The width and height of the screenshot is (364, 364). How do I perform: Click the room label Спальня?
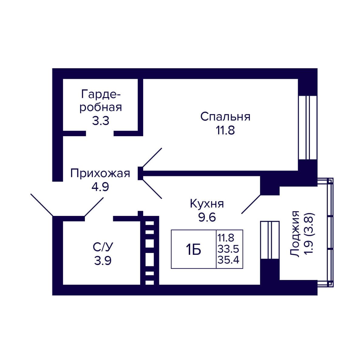tap(225, 117)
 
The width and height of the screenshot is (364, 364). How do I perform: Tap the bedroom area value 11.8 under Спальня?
tap(225, 130)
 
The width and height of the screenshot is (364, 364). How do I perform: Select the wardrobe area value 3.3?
tap(101, 121)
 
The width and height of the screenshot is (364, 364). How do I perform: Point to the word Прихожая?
tap(100, 174)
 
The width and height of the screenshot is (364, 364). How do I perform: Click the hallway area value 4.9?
tap(100, 187)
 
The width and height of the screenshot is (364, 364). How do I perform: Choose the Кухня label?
tap(207, 204)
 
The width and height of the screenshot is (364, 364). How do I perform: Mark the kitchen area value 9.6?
tap(207, 217)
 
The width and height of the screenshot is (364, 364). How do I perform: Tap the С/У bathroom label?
tap(103, 247)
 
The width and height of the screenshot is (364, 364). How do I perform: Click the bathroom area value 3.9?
tap(103, 261)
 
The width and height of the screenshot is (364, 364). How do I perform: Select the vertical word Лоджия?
tap(295, 234)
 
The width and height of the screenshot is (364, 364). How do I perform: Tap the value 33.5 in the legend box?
tap(228, 249)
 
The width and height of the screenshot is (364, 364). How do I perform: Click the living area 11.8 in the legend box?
tap(226, 238)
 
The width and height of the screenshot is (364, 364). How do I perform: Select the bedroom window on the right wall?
tap(308, 128)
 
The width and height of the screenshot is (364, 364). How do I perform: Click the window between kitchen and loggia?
tap(270, 240)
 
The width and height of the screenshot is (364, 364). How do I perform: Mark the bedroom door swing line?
tap(152, 157)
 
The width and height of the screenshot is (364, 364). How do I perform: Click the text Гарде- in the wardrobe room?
tap(101, 94)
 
